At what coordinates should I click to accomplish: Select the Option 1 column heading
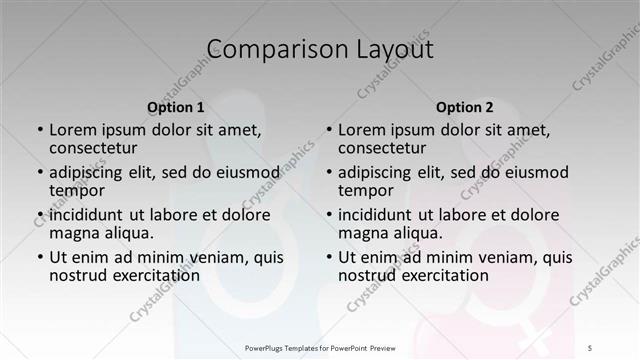176,107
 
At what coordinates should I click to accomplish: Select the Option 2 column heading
465,107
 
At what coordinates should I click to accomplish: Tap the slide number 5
591,347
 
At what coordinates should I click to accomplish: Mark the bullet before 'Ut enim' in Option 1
39,257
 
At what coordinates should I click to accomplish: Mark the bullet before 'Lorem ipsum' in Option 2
328,129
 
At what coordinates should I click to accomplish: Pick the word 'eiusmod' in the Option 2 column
536,171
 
